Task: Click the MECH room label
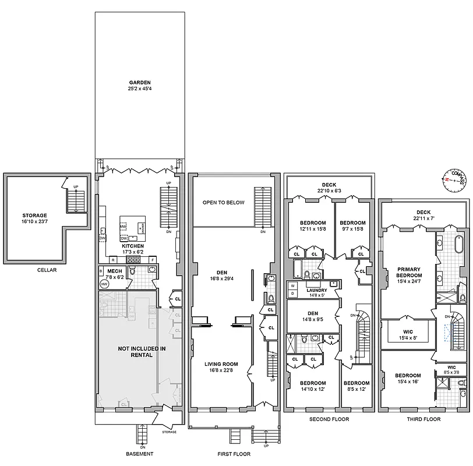pos(114,271)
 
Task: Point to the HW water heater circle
pos(104,284)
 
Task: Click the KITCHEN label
pos(133,246)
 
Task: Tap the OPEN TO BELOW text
pos(223,203)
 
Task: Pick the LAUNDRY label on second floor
pos(313,290)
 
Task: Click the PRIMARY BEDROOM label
pos(408,272)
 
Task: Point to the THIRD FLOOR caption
pos(423,419)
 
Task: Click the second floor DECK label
pos(329,185)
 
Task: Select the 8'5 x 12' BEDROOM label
pos(356,386)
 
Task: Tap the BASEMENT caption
pos(140,454)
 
